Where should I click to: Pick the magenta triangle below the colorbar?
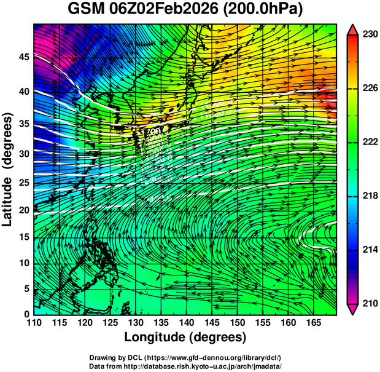pyautogui.click(x=353, y=309)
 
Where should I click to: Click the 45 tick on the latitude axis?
pyautogui.click(x=23, y=57)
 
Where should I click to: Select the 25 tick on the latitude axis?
pyautogui.click(x=23, y=182)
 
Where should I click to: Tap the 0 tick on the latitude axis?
pyautogui.click(x=27, y=314)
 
